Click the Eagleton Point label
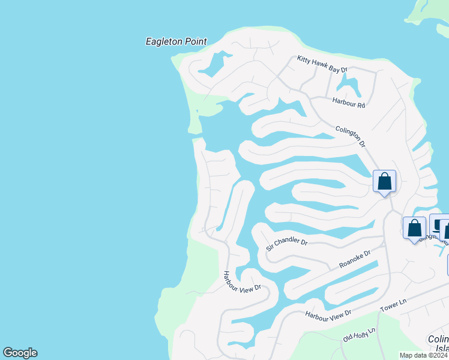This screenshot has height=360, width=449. [x=176, y=42]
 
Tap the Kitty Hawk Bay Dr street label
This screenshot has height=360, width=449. [x=322, y=64]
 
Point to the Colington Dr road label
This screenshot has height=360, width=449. [x=351, y=136]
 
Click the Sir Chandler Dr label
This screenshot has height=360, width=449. [x=287, y=245]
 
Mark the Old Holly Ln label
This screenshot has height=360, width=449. [x=358, y=334]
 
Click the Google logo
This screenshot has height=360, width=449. [x=20, y=353]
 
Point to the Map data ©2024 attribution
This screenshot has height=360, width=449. [x=424, y=355]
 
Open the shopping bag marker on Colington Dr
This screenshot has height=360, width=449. [x=384, y=181]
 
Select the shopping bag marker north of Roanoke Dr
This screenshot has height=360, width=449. [x=414, y=229]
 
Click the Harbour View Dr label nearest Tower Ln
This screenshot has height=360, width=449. [x=328, y=313]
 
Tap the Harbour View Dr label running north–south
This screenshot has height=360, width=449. [x=243, y=281]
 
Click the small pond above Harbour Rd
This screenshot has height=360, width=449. [x=347, y=82]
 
